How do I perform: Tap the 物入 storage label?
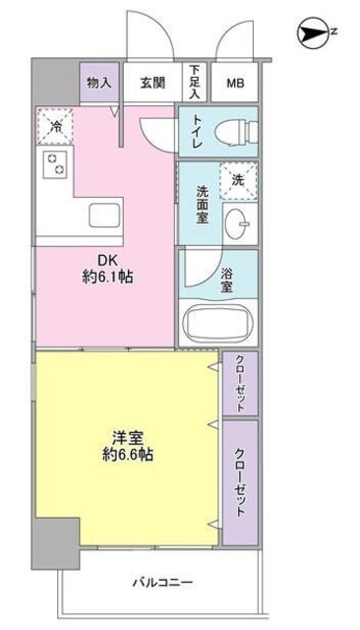(x=98, y=83)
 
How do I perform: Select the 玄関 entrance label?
(x=151, y=83)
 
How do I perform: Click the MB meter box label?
(x=237, y=83)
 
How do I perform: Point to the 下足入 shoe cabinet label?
(x=195, y=83)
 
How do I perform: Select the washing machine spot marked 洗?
(x=237, y=179)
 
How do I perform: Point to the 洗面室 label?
(x=200, y=205)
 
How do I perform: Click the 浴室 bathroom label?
(x=228, y=280)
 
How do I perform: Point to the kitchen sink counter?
(x=102, y=215)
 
